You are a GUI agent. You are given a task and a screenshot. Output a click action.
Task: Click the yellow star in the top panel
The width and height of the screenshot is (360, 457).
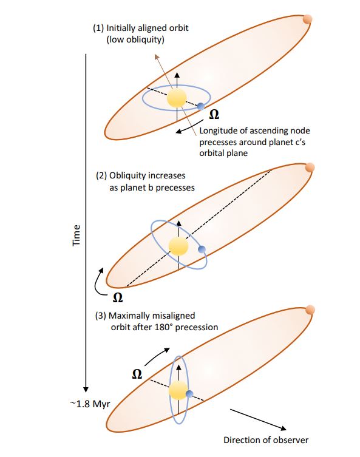pyautogui.click(x=177, y=98)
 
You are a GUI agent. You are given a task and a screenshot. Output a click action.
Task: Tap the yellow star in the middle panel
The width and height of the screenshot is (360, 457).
pyautogui.click(x=178, y=246)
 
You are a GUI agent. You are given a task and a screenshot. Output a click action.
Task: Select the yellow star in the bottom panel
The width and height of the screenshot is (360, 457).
pyautogui.click(x=178, y=390)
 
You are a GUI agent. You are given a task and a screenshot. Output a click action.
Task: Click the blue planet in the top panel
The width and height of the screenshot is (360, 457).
pyautogui.click(x=200, y=106)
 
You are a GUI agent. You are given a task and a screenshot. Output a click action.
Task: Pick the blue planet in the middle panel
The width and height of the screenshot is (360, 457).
pyautogui.click(x=202, y=249)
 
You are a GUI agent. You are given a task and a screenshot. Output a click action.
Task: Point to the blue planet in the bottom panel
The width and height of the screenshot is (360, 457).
pyautogui.click(x=189, y=394)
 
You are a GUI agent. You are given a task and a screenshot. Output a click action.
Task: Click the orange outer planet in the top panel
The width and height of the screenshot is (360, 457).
pyautogui.click(x=308, y=19)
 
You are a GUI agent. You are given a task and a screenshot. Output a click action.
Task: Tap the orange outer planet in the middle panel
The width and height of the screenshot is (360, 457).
pyautogui.click(x=310, y=168)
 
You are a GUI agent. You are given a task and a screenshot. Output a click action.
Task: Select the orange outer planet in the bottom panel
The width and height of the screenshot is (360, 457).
pyautogui.click(x=310, y=310)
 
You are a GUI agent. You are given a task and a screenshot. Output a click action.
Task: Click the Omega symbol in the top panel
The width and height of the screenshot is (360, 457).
pyautogui.click(x=214, y=115)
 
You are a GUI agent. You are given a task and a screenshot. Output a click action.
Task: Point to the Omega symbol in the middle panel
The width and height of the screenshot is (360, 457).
pyautogui.click(x=118, y=297)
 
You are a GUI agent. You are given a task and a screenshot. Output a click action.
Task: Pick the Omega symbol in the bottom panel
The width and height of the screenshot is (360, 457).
pyautogui.click(x=137, y=374)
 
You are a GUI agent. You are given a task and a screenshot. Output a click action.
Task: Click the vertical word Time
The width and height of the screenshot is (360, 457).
pyautogui.click(x=76, y=235)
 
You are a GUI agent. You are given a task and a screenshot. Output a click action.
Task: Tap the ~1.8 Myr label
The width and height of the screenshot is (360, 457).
pyautogui.click(x=90, y=404)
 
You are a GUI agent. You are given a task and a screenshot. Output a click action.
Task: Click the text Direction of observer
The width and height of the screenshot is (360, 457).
pyautogui.click(x=266, y=440)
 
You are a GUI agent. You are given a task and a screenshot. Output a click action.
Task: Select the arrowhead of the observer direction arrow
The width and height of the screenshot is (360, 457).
pyautogui.click(x=284, y=428)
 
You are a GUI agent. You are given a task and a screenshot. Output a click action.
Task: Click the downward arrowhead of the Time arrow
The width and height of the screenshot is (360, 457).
pyautogui.click(x=86, y=390)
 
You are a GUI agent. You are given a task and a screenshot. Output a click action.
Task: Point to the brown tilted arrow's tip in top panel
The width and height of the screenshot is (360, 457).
pyautogui.click(x=156, y=55)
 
